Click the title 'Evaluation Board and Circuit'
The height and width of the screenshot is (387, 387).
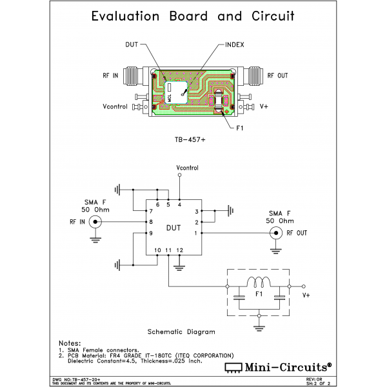click(x=193, y=16)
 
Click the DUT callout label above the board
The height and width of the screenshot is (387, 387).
click(x=132, y=45)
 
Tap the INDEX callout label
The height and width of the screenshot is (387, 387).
click(x=234, y=45)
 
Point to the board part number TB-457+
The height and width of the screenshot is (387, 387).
click(x=193, y=139)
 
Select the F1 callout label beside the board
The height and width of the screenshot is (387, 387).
click(x=239, y=128)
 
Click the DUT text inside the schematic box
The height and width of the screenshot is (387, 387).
click(x=174, y=228)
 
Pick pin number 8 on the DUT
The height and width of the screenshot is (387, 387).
click(x=151, y=222)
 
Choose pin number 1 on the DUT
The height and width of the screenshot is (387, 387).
click(x=197, y=233)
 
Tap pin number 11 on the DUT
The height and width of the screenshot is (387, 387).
click(x=168, y=250)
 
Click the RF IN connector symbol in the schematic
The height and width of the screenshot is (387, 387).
click(x=95, y=223)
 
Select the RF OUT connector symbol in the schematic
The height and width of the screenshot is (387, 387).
click(x=277, y=233)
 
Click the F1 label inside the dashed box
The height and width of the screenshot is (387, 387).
click(x=258, y=295)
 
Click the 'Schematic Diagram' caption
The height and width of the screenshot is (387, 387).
click(x=181, y=331)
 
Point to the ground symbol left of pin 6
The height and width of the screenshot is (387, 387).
click(x=119, y=190)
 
